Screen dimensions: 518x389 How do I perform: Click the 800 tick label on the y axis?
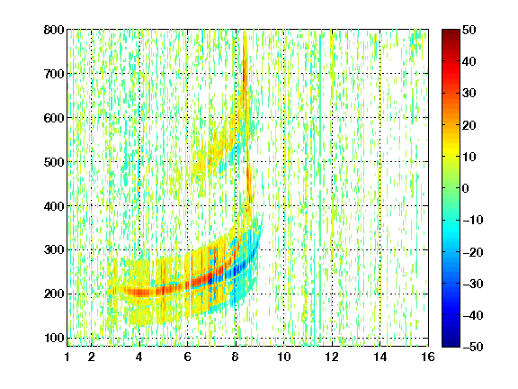coord(54,30)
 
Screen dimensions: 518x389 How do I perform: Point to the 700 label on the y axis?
coord(54,74)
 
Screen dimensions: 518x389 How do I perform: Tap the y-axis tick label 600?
coord(54,118)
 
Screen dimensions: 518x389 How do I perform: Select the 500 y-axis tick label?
coord(54,162)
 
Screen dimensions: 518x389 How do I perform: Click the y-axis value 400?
coord(54,206)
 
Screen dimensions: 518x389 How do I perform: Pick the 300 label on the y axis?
coord(54,249)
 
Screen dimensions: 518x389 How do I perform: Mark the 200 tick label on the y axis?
coord(54,294)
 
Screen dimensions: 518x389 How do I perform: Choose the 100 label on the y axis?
coord(54,338)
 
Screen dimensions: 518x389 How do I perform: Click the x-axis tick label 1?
coord(67,357)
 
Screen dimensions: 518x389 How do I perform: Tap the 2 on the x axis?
coord(92,357)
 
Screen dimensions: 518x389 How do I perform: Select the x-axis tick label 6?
coord(188,357)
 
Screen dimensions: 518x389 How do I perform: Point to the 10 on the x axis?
coord(284,357)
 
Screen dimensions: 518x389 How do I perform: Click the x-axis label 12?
coord(332,357)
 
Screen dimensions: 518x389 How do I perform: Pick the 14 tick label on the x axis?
coord(380,357)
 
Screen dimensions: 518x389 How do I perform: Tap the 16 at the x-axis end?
coord(428,357)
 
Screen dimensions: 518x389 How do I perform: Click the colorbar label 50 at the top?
coord(469,30)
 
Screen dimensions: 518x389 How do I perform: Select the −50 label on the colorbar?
coord(473,347)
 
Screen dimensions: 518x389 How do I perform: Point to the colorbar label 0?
coord(466,188)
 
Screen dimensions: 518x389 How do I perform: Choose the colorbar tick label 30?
coord(469,94)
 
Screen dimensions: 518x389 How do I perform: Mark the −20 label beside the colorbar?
coord(473,252)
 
